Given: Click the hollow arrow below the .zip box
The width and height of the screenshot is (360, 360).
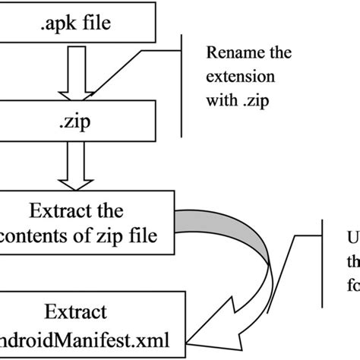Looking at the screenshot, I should pyautogui.click(x=81, y=164).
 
